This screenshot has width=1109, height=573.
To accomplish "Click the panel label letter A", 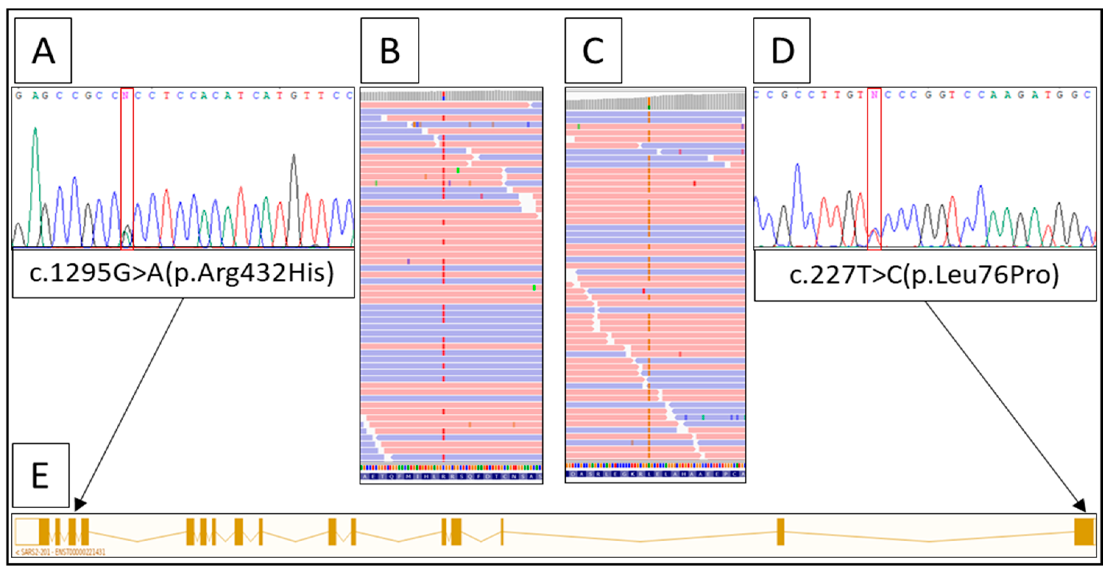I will click(x=43, y=51).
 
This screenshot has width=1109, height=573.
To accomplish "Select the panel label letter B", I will click(x=390, y=51).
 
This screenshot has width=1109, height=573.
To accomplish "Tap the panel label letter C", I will click(x=593, y=51).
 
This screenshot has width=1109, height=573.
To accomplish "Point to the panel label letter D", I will click(x=782, y=51).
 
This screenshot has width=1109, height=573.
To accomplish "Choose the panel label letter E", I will click(x=40, y=476).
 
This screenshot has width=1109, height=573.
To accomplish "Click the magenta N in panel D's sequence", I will click(x=874, y=95).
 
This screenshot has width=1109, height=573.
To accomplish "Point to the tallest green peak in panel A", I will click(x=35, y=129).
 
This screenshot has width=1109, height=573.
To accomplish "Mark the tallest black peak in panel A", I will click(x=294, y=156).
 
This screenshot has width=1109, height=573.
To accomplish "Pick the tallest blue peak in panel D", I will click(x=798, y=165).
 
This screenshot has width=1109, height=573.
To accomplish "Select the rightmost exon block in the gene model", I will click(x=1084, y=532).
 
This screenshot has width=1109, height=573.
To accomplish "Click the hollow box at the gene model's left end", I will click(x=27, y=532).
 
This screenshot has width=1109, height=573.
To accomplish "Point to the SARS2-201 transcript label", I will click(x=60, y=552).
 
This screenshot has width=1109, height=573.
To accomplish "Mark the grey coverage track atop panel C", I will click(x=655, y=102).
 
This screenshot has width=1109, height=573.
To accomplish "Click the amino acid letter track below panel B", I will click(x=451, y=476).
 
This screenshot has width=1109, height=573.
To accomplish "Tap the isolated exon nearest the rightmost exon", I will click(x=781, y=532).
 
